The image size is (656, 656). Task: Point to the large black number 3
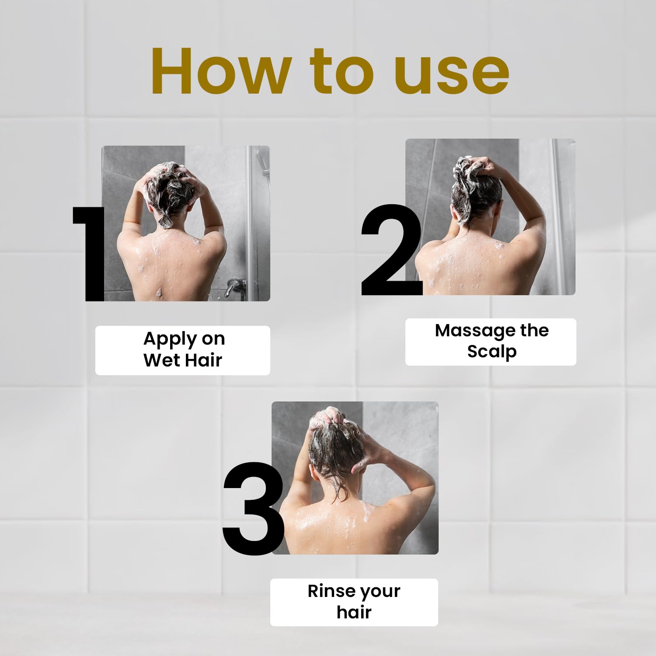(253, 509)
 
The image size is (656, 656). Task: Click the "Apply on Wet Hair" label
(183, 350)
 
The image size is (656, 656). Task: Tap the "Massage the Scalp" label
(491, 342)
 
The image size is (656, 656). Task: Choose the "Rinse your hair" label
(354, 602)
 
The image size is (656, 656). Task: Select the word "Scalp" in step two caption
(492, 352)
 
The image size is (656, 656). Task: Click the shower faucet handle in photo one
(234, 286)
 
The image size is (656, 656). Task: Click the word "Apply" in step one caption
(164, 339)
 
